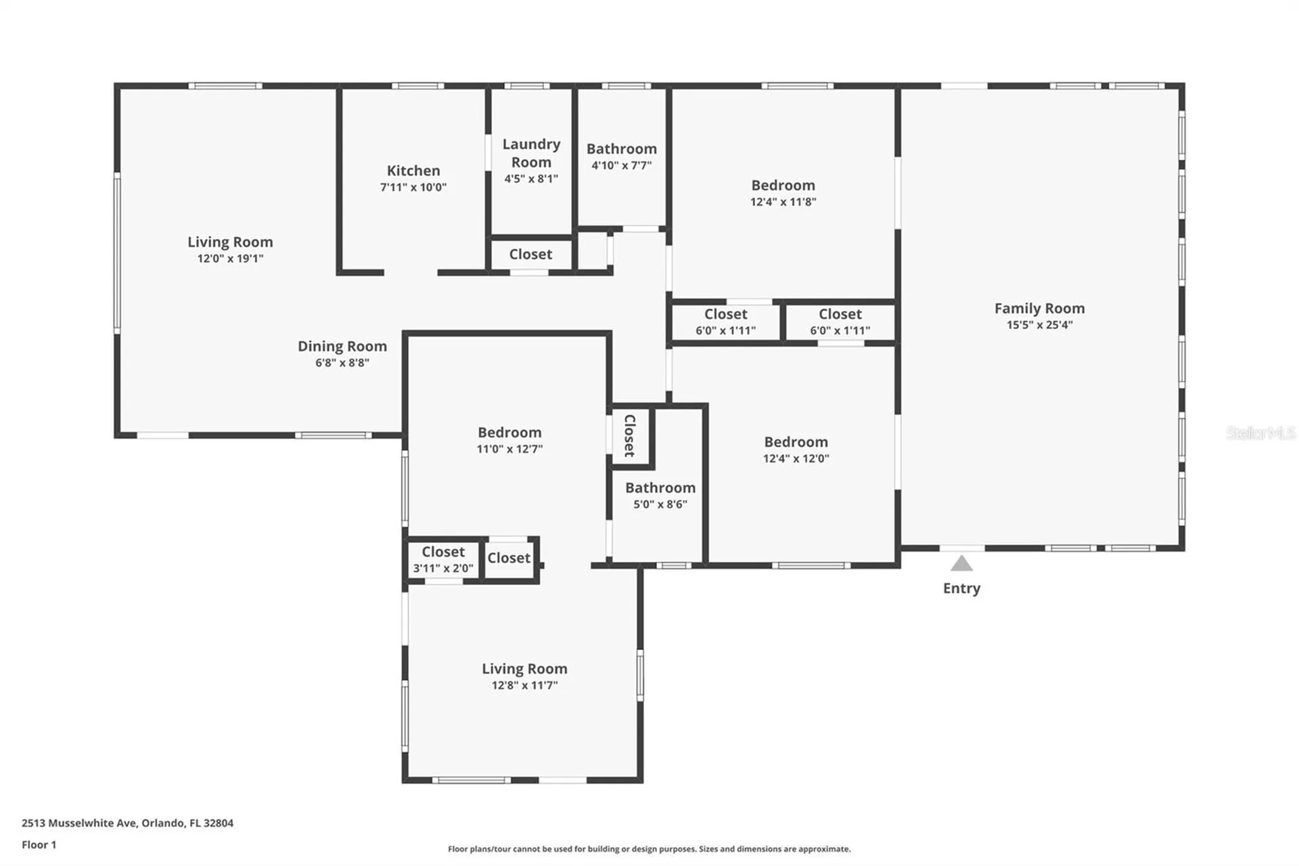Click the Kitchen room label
click(x=413, y=171)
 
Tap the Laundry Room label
click(x=531, y=153)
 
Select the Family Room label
click(x=1039, y=308)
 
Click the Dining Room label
click(x=342, y=346)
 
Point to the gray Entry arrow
click(x=961, y=563)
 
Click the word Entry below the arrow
click(x=961, y=588)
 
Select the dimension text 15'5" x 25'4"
click(x=1039, y=325)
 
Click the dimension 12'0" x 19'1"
click(x=230, y=259)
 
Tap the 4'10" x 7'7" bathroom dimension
click(x=621, y=165)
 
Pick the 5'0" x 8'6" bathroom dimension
click(x=660, y=504)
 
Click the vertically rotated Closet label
click(x=629, y=435)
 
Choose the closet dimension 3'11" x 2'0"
click(x=443, y=569)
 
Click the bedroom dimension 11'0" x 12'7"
click(x=509, y=449)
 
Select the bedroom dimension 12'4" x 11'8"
click(x=783, y=202)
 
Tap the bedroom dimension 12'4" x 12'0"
click(x=796, y=458)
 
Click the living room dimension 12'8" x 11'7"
click(x=524, y=685)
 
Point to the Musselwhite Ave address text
click(x=127, y=823)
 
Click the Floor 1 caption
click(x=39, y=844)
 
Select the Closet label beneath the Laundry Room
click(x=530, y=254)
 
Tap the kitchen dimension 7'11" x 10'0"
click(x=413, y=188)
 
